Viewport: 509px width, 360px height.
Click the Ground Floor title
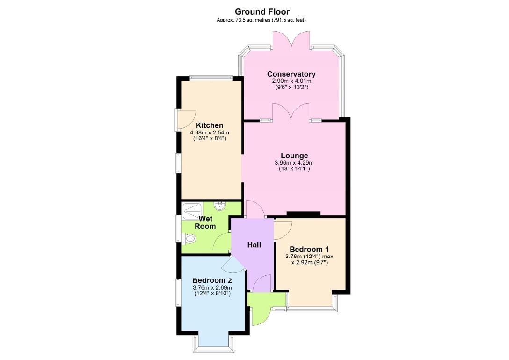[x=262, y=11]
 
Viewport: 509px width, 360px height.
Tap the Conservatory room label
[x=291, y=74]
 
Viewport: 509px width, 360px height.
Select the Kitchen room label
[x=209, y=125]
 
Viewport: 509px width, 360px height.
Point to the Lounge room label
[x=294, y=155]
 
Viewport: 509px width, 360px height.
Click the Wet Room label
[x=206, y=222]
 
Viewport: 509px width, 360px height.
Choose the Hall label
[x=254, y=245]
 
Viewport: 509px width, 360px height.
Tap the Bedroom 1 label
[x=309, y=249]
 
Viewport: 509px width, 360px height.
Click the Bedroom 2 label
[x=212, y=280]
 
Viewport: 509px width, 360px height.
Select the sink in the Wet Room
[x=219, y=206]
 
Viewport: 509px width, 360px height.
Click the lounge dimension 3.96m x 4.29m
[x=294, y=163]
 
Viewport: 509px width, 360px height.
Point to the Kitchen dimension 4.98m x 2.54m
[x=209, y=133]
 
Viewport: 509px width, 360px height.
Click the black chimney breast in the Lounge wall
[x=303, y=214]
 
